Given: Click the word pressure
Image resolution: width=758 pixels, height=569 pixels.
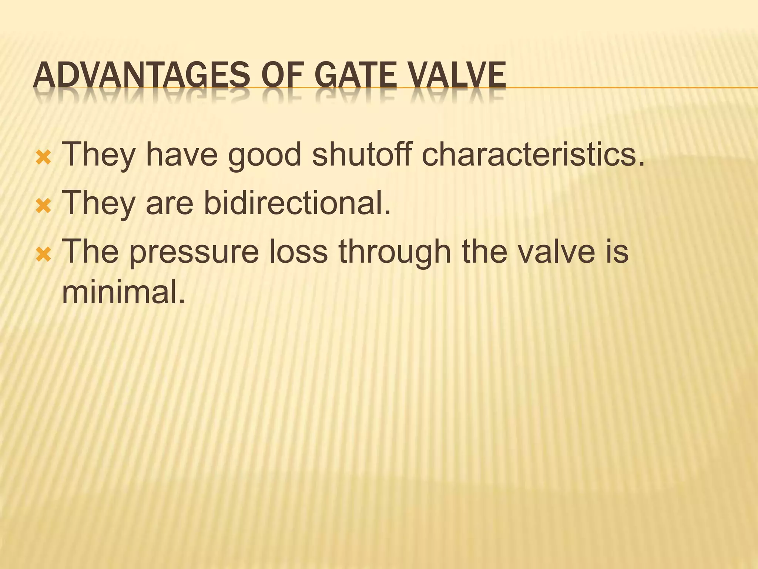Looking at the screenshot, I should point(194,252).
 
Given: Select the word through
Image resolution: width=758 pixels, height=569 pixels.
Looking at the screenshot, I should point(395,252).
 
